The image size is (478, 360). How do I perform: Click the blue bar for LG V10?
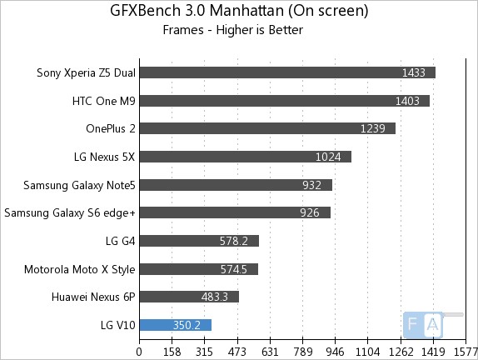[175, 325]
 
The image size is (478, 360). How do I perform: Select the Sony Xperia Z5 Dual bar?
[287, 72]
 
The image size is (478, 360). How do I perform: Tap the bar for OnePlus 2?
[266, 128]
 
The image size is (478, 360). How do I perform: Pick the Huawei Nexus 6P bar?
[189, 297]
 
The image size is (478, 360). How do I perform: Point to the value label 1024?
[330, 157]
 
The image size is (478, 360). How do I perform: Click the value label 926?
[311, 212]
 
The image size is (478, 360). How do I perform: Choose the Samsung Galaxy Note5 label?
[79, 185]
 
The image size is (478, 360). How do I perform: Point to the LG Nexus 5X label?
[105, 157]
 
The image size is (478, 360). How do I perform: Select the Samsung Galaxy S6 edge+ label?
[70, 212]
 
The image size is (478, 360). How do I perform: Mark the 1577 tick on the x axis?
[466, 351]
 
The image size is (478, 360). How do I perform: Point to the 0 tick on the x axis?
[139, 351]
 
